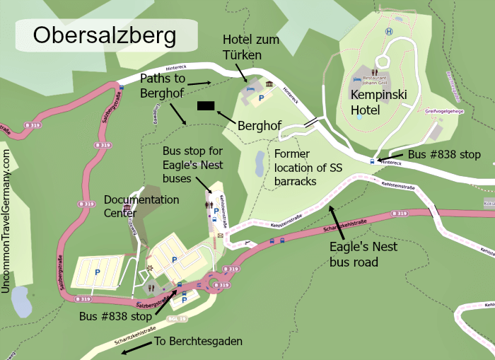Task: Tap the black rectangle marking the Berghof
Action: tap(206, 106)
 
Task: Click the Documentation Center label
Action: tap(141, 206)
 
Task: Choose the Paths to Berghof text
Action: tap(167, 85)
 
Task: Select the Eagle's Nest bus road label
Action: tap(363, 254)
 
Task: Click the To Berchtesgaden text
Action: tap(198, 342)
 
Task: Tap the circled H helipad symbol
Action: tap(388, 32)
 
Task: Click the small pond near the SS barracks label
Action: tap(259, 165)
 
